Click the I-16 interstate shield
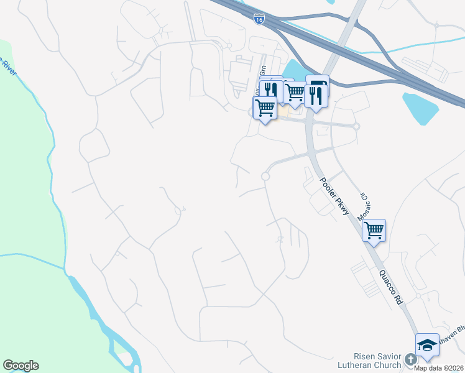(259, 19)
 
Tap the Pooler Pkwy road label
(334, 198)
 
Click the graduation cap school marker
(427, 346)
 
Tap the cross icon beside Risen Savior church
(410, 359)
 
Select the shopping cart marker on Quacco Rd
(374, 230)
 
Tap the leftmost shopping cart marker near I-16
(265, 108)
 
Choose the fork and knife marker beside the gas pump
(316, 95)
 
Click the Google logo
(21, 366)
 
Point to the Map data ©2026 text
(439, 368)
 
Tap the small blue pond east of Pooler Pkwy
(420, 107)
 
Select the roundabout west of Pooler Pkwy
(265, 177)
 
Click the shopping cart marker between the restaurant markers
(295, 92)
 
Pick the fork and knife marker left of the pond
(270, 89)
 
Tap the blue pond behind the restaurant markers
(295, 70)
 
